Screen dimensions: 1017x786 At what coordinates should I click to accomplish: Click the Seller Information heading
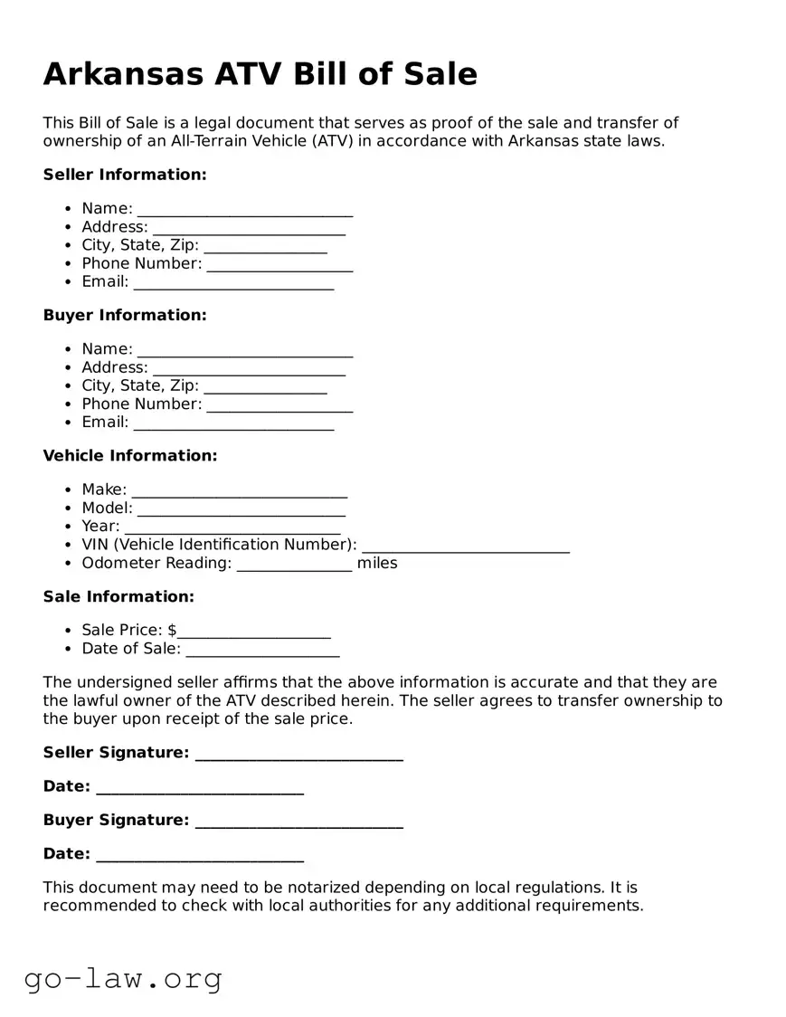tap(125, 175)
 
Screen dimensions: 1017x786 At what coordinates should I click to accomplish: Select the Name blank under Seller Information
tap(244, 211)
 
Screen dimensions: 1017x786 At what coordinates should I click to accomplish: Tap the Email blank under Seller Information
tap(233, 284)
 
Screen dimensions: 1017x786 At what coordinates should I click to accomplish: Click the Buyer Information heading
tap(125, 315)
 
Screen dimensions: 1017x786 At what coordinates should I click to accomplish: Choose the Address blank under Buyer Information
tap(249, 369)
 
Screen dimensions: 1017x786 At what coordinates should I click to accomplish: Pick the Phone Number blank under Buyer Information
tap(279, 406)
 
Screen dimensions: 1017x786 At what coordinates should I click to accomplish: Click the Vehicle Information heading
tap(130, 456)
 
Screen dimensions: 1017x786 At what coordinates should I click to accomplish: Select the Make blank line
tap(240, 491)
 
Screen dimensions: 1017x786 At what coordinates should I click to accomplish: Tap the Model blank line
tap(241, 510)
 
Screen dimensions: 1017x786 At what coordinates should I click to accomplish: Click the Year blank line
tap(232, 528)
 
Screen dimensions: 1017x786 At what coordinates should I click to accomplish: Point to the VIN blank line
tap(465, 547)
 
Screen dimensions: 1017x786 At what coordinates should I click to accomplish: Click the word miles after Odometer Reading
tap(377, 564)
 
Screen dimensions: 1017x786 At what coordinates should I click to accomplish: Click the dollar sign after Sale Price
tap(172, 631)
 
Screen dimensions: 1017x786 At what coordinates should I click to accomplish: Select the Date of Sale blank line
tap(262, 651)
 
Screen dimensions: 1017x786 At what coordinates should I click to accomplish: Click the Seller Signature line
tap(298, 755)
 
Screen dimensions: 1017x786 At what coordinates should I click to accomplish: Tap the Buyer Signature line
tap(298, 822)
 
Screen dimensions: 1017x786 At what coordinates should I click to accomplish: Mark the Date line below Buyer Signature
tap(199, 856)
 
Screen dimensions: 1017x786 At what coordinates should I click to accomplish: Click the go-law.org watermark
tap(123, 978)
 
